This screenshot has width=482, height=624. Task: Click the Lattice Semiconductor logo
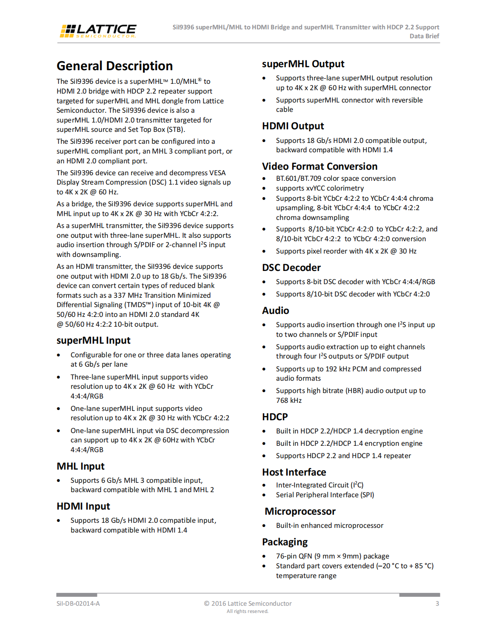click(x=98, y=31)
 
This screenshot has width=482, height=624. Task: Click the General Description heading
click(x=114, y=66)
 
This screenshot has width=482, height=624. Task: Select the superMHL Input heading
click(x=93, y=340)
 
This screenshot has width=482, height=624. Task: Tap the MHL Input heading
click(x=80, y=466)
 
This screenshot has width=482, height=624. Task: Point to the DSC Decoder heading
click(x=291, y=268)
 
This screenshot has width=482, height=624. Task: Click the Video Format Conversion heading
click(x=319, y=166)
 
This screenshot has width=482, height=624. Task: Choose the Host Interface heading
click(x=294, y=472)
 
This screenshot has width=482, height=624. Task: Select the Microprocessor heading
click(x=300, y=511)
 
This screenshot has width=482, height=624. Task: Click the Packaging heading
click(x=285, y=542)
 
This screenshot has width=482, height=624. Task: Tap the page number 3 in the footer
click(x=437, y=603)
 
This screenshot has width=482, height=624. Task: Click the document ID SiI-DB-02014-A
click(x=78, y=603)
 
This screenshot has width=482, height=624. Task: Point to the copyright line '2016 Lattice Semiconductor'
click(x=248, y=603)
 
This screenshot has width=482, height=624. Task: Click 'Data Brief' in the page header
click(x=424, y=36)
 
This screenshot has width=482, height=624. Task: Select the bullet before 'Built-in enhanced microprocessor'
click(x=264, y=526)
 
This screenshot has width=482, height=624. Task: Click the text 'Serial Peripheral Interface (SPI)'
click(x=325, y=495)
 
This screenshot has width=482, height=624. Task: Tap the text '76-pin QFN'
click(x=294, y=556)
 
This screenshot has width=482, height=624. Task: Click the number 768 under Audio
click(x=282, y=400)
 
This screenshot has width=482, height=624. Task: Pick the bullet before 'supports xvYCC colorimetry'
click(x=264, y=188)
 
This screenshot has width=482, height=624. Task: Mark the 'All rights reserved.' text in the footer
click(x=247, y=611)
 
